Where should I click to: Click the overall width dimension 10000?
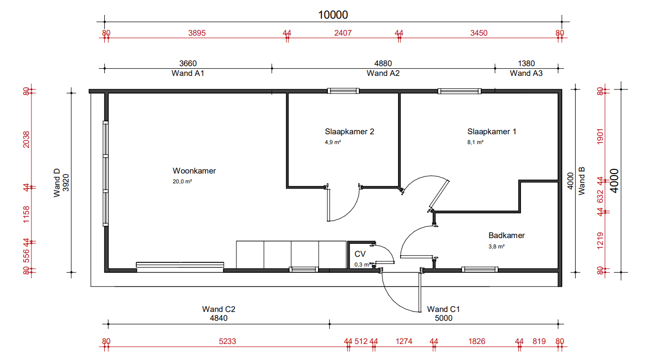(x=333, y=15)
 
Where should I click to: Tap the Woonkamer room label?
(x=194, y=171)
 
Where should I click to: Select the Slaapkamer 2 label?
(x=350, y=132)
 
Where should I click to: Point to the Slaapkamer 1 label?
(x=492, y=132)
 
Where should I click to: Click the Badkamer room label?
(x=506, y=235)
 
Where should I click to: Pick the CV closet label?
(x=360, y=254)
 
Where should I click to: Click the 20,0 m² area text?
(x=182, y=181)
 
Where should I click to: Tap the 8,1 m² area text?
(x=475, y=142)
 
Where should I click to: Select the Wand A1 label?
(x=188, y=73)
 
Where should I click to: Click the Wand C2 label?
(x=218, y=309)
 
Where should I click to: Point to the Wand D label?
(x=57, y=183)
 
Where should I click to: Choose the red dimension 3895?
(x=197, y=33)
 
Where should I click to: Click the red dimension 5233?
(x=227, y=341)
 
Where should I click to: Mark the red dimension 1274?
(x=404, y=341)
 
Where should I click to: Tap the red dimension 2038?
(x=26, y=139)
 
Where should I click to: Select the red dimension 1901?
(x=600, y=136)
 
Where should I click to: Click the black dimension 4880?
(x=383, y=64)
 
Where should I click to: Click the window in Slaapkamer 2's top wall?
(x=343, y=91)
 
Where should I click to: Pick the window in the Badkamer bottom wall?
(x=480, y=270)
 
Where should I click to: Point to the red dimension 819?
(x=539, y=341)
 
